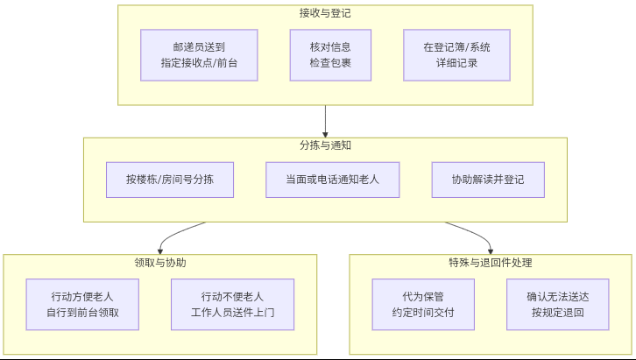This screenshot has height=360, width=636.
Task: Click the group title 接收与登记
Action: click(325, 13)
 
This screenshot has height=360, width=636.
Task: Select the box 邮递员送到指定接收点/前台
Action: click(199, 55)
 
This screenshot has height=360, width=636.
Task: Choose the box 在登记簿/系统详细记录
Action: click(456, 55)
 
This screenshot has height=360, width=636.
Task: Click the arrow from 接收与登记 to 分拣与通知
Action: click(325, 121)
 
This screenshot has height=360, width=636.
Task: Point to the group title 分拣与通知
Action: click(325, 145)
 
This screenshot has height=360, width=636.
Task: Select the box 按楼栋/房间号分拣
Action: click(168, 180)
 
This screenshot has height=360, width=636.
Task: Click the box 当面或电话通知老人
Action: click(332, 180)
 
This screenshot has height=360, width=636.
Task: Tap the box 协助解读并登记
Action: click(488, 180)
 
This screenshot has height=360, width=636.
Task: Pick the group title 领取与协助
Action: click(159, 262)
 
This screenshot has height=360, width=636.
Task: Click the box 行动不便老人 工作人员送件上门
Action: click(232, 304)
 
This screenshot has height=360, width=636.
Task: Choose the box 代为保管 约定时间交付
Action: click(423, 304)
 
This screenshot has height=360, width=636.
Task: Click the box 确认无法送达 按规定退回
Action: click(557, 304)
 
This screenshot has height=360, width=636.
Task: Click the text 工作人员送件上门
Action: click(232, 312)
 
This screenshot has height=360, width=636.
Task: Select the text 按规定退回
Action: click(557, 312)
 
